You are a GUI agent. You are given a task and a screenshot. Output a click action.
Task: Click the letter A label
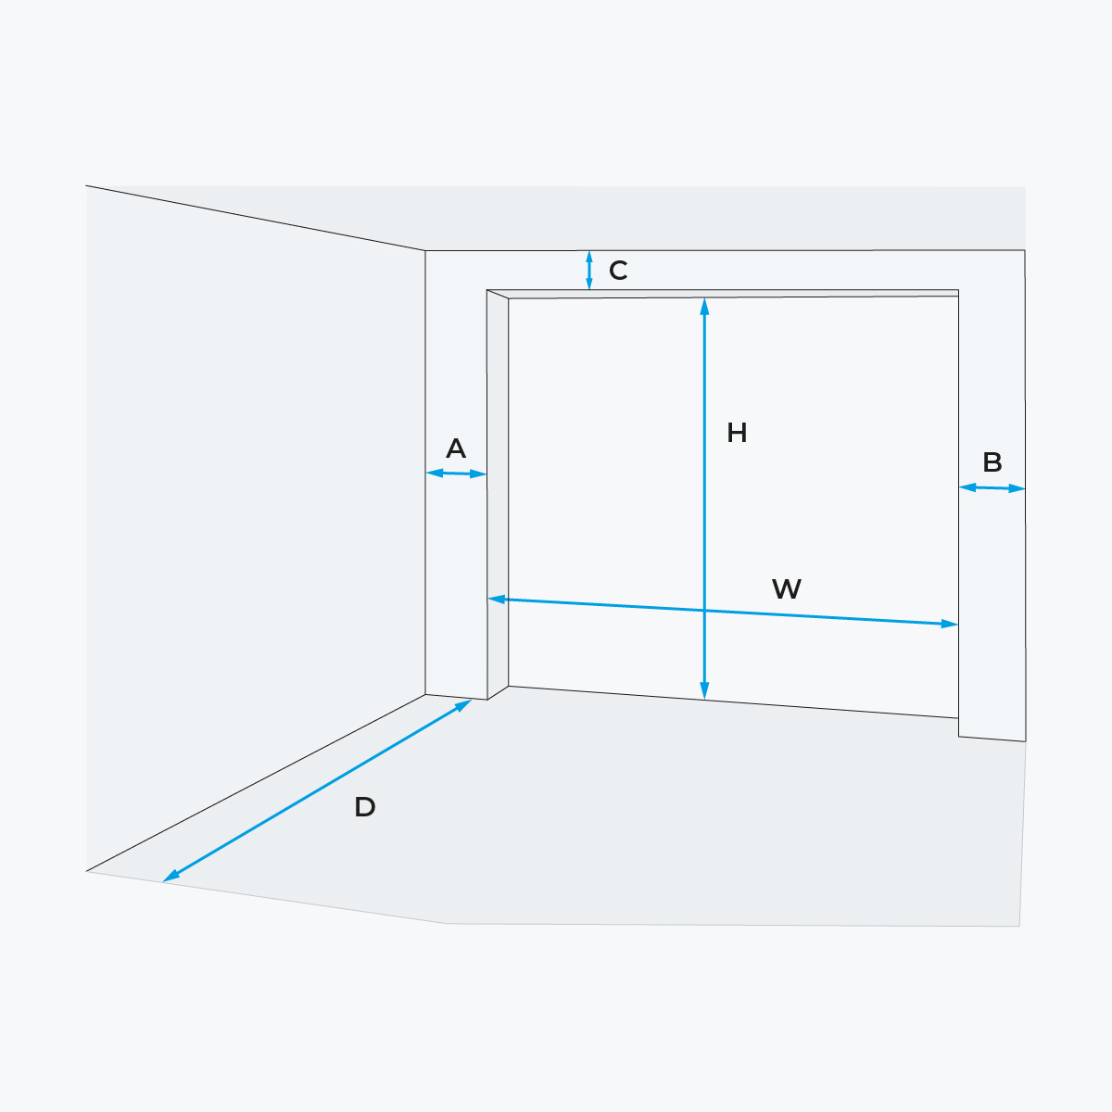click(x=456, y=449)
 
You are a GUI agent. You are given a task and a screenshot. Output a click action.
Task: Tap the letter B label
click(x=992, y=462)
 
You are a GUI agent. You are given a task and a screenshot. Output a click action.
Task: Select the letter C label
click(x=618, y=270)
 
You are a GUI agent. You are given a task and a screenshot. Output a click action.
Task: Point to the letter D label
click(x=365, y=807)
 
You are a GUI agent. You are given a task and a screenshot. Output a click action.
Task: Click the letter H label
click(x=737, y=433)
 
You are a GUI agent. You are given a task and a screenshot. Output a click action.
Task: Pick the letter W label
click(x=787, y=589)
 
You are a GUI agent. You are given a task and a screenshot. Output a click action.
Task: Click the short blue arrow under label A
click(x=456, y=474)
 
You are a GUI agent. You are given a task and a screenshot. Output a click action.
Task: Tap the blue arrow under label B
click(x=992, y=488)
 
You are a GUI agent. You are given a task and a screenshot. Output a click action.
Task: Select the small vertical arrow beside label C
click(x=589, y=270)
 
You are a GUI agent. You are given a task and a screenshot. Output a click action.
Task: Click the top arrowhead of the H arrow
click(x=704, y=306)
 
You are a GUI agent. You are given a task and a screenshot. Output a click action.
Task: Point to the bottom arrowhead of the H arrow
click(x=704, y=690)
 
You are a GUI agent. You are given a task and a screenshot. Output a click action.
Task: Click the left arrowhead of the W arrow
click(x=497, y=600)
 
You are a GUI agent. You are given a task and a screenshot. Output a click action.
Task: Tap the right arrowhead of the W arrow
click(x=949, y=624)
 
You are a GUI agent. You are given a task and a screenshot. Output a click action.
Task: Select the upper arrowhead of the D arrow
click(x=464, y=704)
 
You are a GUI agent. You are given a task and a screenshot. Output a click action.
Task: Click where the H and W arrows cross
click(x=704, y=611)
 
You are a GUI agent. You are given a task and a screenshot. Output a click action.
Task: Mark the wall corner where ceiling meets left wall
click(x=425, y=250)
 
